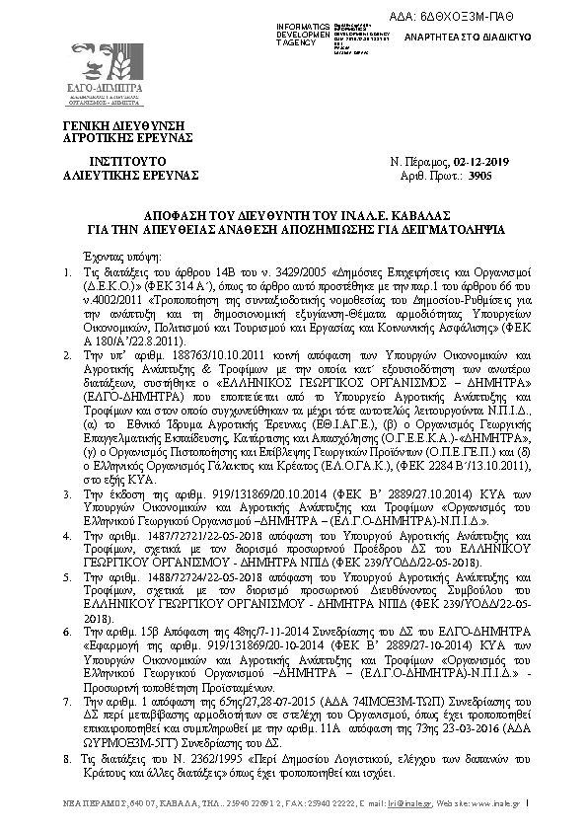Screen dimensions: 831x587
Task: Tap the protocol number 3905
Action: click(507, 174)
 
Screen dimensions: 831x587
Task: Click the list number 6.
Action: click(66, 629)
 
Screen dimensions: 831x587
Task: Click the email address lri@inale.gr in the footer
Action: click(408, 803)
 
